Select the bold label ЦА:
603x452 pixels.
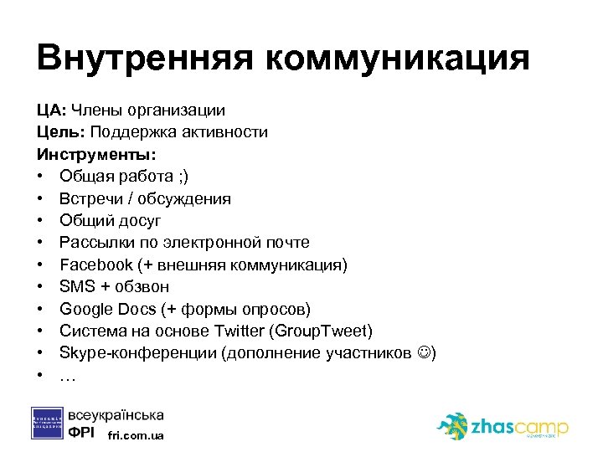point(51,110)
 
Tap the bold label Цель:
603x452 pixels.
point(60,132)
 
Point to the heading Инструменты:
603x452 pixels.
point(96,154)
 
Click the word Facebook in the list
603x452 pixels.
point(96,265)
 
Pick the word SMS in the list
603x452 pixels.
point(76,286)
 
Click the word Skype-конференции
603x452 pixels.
point(137,352)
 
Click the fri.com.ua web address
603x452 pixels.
point(137,436)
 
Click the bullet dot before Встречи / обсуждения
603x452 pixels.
point(40,199)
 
